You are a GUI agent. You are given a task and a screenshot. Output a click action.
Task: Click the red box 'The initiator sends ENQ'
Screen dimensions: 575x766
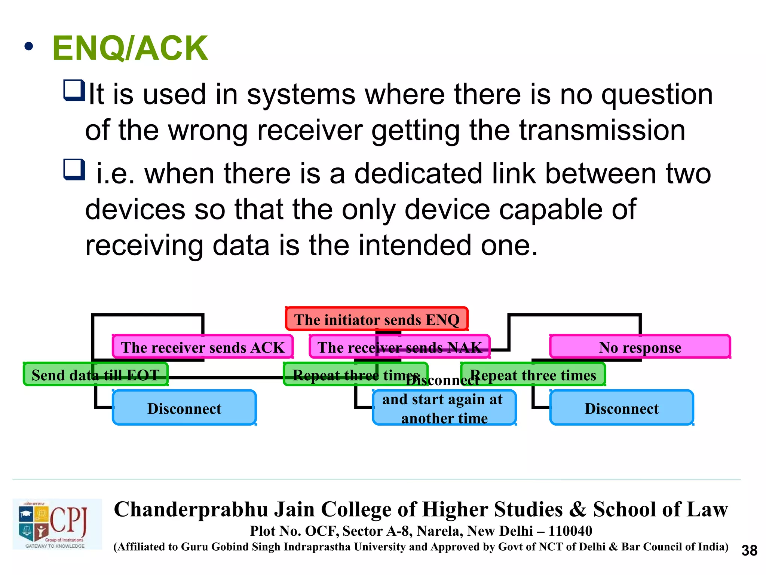pos(377,319)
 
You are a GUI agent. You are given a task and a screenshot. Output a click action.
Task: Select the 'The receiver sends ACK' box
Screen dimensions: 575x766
pos(202,347)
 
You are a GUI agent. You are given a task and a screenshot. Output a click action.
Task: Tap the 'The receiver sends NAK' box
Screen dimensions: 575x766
pos(399,347)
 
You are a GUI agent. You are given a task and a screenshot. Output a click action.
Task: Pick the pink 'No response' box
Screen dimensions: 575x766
pos(640,347)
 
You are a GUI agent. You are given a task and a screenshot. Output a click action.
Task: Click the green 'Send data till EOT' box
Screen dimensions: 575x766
pos(95,374)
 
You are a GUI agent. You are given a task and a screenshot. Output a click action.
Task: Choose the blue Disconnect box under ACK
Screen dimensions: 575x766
pos(184,408)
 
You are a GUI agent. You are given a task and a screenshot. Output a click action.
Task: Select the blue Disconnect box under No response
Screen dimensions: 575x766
pos(622,408)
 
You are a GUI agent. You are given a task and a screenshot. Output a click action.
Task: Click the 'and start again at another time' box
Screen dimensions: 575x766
pos(444,408)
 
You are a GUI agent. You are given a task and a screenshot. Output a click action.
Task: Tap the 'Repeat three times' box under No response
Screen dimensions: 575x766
pos(533,374)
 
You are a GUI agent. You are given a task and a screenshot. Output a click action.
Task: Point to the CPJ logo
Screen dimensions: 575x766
pos(57,524)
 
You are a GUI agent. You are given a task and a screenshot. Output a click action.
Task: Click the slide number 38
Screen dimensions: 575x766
pos(749,550)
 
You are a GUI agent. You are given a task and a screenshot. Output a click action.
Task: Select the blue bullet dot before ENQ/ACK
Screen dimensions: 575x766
pos(28,47)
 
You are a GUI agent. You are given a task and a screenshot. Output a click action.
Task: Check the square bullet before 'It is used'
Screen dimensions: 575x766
pos(74,91)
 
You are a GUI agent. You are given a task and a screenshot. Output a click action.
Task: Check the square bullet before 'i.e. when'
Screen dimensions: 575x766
pos(74,170)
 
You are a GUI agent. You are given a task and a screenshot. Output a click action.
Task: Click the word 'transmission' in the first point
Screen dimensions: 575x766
pos(602,130)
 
